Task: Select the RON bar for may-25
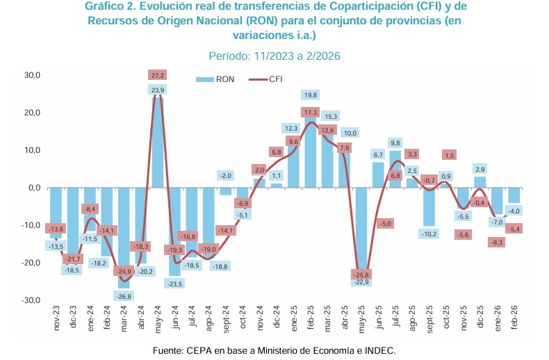click(x=361, y=229)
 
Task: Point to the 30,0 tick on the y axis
click(x=33, y=75)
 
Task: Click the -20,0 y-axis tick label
click(x=31, y=263)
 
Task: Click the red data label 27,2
click(x=157, y=75)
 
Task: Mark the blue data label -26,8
click(x=124, y=295)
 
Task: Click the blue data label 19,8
click(x=310, y=95)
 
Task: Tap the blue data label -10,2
click(x=429, y=234)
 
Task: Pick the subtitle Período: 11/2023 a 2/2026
click(x=274, y=56)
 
